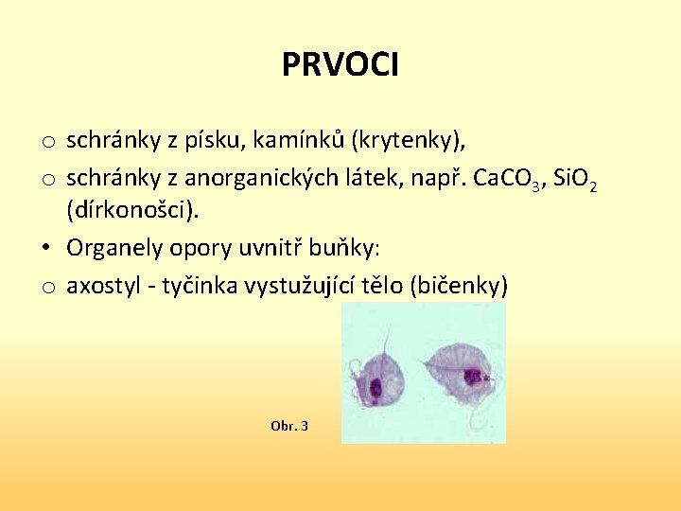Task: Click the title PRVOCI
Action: (x=340, y=64)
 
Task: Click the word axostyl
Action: (x=102, y=284)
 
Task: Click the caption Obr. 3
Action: (x=288, y=426)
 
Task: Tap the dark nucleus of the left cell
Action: (x=375, y=388)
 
